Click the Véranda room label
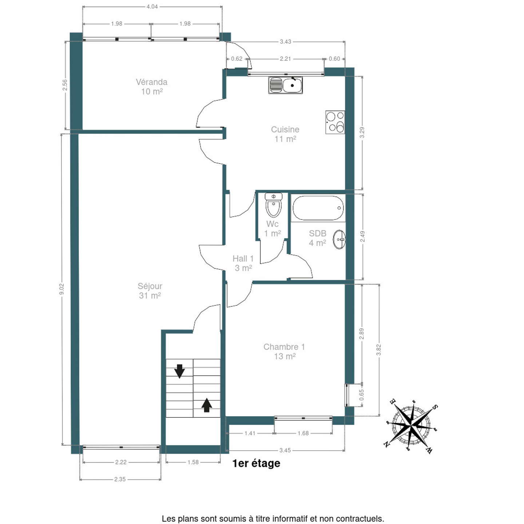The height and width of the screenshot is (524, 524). point(151,82)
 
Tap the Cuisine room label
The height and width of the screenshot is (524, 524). point(285,130)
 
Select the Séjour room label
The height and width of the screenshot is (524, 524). point(150,286)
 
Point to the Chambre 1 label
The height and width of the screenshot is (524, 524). point(284,347)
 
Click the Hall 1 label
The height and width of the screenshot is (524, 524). point(243,259)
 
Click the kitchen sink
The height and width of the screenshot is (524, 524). point(285,85)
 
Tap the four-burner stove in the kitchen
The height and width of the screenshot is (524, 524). point(335,122)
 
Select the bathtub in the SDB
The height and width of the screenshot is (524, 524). point(318,208)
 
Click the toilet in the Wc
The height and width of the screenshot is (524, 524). point(274,205)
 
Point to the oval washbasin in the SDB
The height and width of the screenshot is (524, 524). point(340,239)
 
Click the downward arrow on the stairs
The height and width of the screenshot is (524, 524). point(179,371)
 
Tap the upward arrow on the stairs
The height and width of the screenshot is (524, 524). point(207,405)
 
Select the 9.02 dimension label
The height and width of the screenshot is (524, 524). point(62,289)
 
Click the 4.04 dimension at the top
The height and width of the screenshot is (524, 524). point(152,7)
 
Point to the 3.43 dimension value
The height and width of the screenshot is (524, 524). point(286,41)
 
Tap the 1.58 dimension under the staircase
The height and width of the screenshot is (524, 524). point(193,462)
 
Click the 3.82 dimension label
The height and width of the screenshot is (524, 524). point(378,350)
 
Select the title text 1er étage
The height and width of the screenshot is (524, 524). point(256,463)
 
